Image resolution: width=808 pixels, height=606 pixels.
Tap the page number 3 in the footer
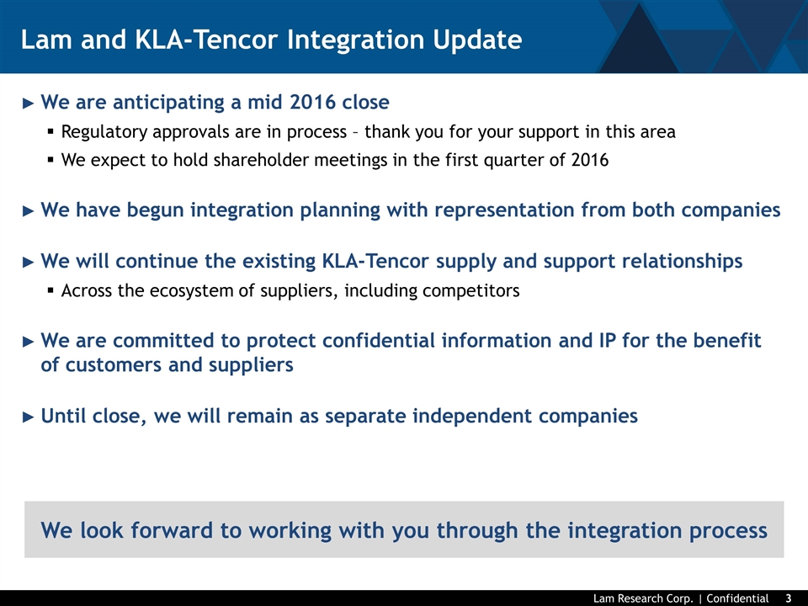click(x=789, y=598)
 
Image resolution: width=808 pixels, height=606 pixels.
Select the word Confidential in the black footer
click(x=737, y=598)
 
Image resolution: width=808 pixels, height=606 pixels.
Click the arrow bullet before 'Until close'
click(x=29, y=417)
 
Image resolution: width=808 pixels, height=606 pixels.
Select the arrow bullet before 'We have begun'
click(x=29, y=210)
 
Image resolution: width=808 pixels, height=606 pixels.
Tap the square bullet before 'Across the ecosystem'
click(x=50, y=290)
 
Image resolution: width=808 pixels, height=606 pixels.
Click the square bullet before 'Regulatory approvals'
click(x=50, y=131)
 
